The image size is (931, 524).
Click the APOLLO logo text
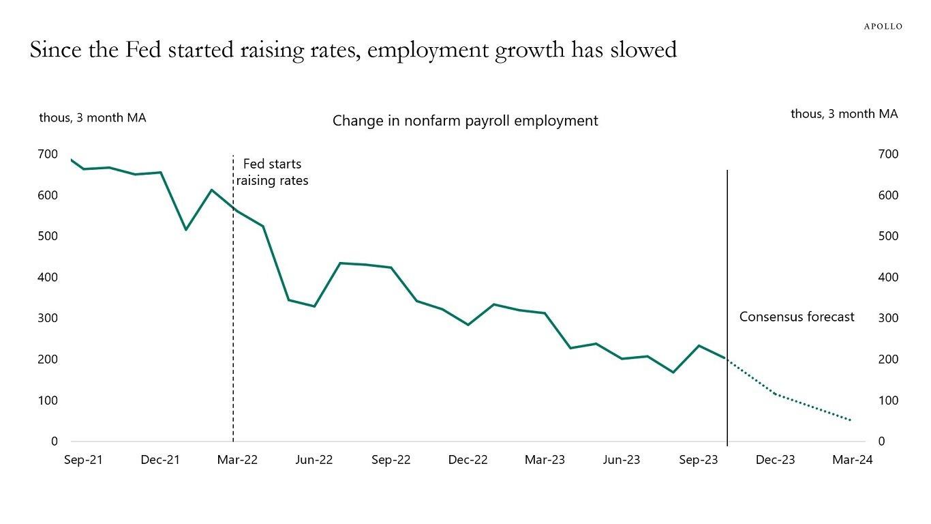[883, 26]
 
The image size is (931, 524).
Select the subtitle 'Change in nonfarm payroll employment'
[465, 121]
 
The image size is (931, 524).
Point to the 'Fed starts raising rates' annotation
[272, 172]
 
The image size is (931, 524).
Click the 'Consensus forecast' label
[797, 317]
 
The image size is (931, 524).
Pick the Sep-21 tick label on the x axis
[83, 460]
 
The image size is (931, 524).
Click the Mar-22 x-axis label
[237, 460]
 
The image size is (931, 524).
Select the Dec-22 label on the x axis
[468, 460]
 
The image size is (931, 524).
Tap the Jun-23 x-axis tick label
[621, 460]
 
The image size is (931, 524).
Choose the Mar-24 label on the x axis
[852, 460]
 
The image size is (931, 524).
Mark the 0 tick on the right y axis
[881, 441]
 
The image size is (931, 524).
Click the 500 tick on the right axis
[888, 236]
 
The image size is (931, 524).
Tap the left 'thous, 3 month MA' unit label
[93, 117]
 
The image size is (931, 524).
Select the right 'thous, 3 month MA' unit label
[844, 114]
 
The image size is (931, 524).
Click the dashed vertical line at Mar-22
[233, 307]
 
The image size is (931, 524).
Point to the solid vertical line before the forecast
[727, 273]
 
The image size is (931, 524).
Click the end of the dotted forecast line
[851, 420]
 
